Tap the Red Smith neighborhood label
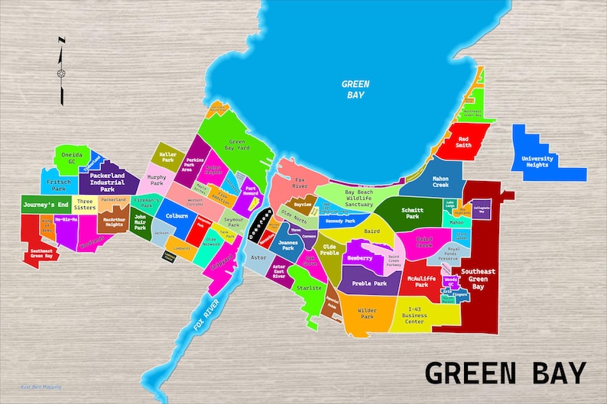coord(464,141)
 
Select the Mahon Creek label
coord(440,183)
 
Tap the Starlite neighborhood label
coord(310,288)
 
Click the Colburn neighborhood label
coord(177,215)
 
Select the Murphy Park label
coord(157,180)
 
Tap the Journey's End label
coord(46,205)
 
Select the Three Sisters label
coord(86,205)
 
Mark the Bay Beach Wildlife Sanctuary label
coord(348,198)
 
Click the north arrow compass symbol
coord(61,73)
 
